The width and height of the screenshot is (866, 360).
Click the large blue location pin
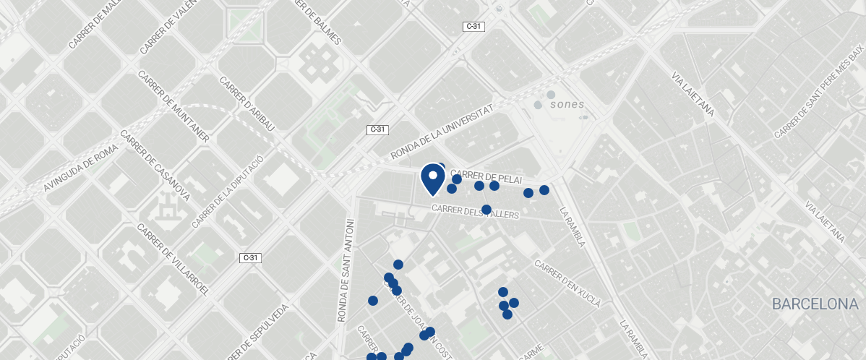click(x=432, y=179)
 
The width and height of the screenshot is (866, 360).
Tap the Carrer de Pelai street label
click(x=485, y=178)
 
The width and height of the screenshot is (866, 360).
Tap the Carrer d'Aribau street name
click(x=248, y=104)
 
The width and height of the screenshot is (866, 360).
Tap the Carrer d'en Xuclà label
click(x=567, y=283)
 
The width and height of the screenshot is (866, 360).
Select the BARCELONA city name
click(x=815, y=304)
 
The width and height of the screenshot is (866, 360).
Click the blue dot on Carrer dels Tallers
click(x=486, y=210)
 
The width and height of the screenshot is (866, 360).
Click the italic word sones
click(x=567, y=104)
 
